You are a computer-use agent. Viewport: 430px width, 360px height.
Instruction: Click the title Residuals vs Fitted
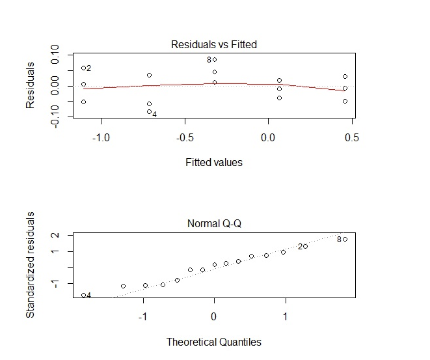click(x=213, y=45)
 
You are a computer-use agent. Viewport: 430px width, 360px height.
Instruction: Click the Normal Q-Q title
click(x=213, y=224)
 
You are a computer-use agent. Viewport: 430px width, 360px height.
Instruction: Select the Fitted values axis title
click(x=213, y=162)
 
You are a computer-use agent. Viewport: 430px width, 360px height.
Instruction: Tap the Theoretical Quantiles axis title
click(x=213, y=341)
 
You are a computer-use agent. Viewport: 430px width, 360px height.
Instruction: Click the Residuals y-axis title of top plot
click(x=30, y=85)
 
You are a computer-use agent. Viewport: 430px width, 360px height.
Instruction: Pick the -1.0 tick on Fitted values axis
click(x=101, y=137)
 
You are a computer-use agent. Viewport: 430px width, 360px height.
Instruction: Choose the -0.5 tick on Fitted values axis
click(x=184, y=137)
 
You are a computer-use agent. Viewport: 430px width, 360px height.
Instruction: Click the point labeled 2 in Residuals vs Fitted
click(x=83, y=68)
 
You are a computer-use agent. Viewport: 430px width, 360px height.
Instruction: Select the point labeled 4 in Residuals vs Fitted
click(x=149, y=112)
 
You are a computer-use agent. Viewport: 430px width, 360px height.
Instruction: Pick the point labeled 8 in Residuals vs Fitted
click(x=215, y=59)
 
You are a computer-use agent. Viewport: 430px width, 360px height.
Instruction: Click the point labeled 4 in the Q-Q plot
click(x=83, y=295)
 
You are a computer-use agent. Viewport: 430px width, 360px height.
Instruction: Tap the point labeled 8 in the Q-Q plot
click(x=345, y=239)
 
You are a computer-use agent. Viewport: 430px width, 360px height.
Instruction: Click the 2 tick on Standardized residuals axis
click(x=55, y=235)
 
